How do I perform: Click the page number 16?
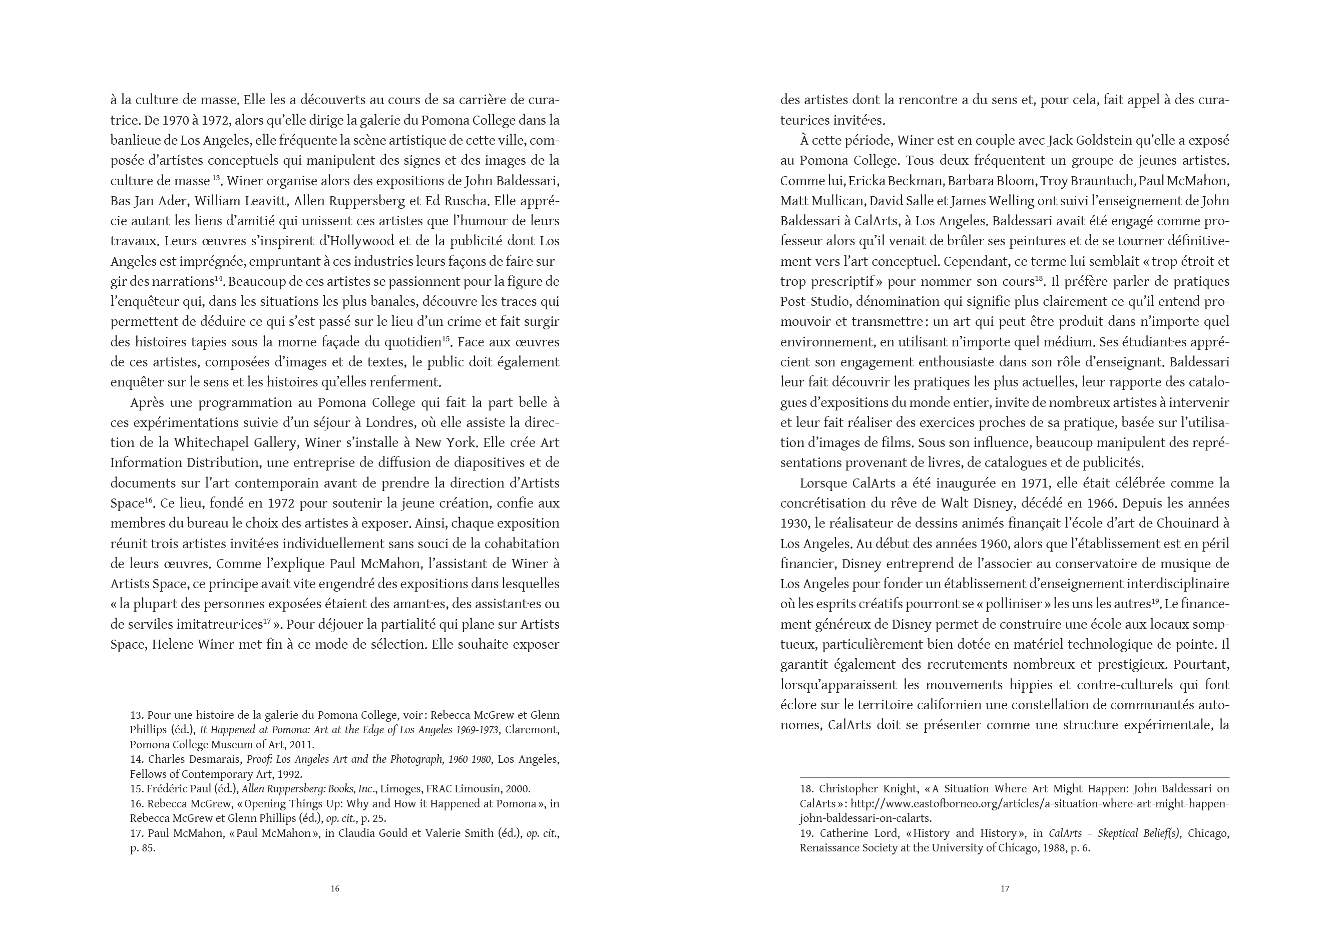point(335,889)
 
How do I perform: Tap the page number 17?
point(1005,889)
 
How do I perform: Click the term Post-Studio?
point(814,302)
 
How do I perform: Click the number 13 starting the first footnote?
point(136,715)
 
